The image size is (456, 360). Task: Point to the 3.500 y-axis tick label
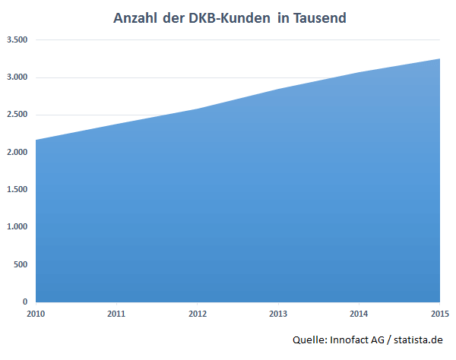point(16,39)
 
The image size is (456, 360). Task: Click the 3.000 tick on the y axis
point(16,77)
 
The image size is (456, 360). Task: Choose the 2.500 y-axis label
point(16,115)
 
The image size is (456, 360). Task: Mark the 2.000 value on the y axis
point(16,153)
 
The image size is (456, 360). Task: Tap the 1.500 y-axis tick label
point(16,190)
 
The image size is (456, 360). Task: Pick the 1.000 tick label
point(16,227)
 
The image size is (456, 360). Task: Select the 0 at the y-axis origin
point(25,302)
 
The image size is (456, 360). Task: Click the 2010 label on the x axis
point(35,313)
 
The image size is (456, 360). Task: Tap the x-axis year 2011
point(116,313)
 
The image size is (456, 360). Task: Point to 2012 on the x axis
point(198,313)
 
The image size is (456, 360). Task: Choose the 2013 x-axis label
point(278,313)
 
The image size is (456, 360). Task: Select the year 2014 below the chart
point(359,313)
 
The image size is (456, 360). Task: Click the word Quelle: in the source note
point(309,340)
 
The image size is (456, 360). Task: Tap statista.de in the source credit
point(418,340)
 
